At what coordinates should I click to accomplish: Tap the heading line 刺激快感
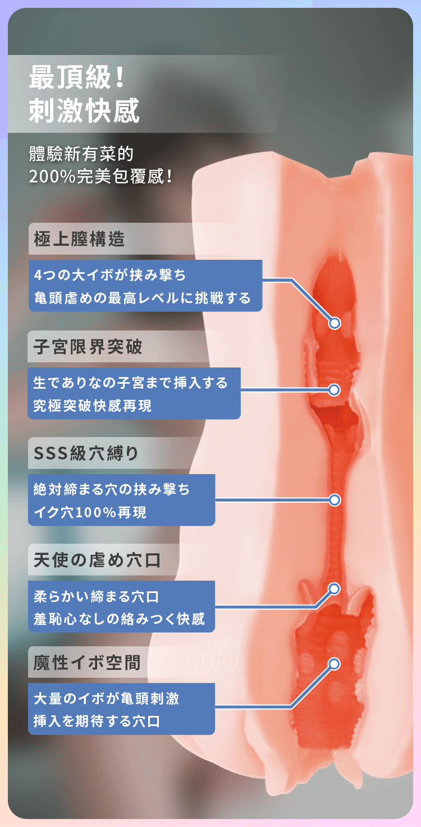tap(84, 111)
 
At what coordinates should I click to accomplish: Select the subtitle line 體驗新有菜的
tap(81, 153)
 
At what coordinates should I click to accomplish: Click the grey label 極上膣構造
tap(79, 240)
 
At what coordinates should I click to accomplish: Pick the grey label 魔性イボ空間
tap(87, 663)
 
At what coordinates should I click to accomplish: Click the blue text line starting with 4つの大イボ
tap(109, 275)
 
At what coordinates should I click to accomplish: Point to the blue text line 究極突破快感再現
tap(93, 405)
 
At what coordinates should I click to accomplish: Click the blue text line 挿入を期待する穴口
tap(97, 722)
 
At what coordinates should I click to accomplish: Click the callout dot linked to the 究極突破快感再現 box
tap(335, 389)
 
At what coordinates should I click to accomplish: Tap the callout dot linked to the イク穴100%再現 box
tap(335, 499)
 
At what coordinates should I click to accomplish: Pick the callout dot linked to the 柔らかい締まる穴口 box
tap(335, 589)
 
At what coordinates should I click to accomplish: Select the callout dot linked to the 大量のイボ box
tap(334, 664)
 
